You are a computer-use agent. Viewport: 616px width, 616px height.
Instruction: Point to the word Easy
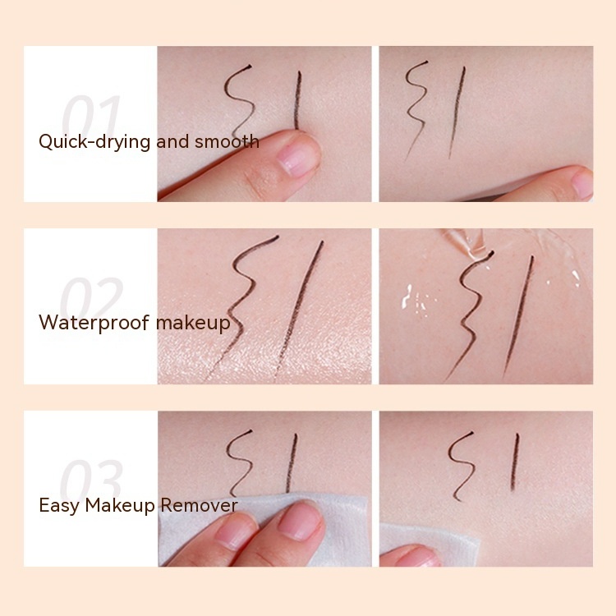click(58, 504)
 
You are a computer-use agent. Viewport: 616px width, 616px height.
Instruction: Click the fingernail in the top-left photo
click(297, 156)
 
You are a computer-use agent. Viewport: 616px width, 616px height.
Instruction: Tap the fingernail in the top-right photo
click(582, 183)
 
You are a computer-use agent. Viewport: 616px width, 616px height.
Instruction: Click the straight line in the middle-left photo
click(301, 304)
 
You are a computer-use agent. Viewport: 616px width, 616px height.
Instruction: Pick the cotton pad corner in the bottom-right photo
click(435, 546)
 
